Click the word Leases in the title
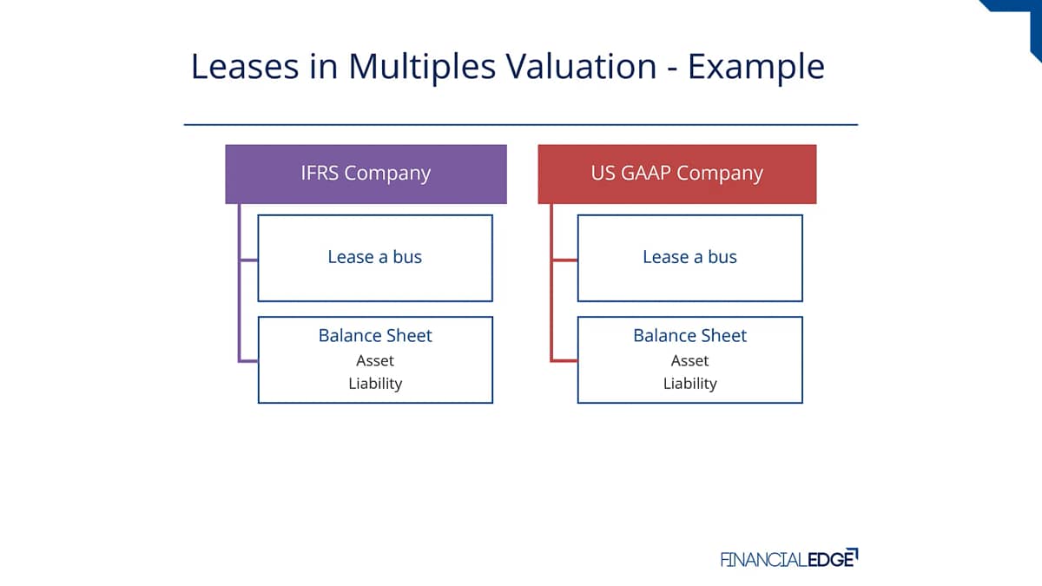click(x=245, y=66)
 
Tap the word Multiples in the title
click(x=422, y=68)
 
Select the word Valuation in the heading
click(x=581, y=66)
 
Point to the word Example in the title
click(x=756, y=68)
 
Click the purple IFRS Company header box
click(x=366, y=174)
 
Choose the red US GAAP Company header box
click(x=676, y=174)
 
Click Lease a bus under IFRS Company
click(x=375, y=257)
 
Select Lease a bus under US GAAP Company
click(x=689, y=257)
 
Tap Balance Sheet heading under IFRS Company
click(x=375, y=335)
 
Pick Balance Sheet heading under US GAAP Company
click(x=689, y=335)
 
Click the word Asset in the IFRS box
click(x=375, y=360)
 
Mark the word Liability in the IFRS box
click(x=375, y=384)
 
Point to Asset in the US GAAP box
click(x=689, y=360)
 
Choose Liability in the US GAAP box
click(x=689, y=384)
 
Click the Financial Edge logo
click(x=789, y=558)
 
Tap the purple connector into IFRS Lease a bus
click(x=249, y=260)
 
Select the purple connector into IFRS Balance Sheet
click(x=249, y=360)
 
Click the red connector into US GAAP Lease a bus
click(x=564, y=260)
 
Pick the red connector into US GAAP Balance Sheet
click(x=564, y=360)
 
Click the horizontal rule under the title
click(x=521, y=125)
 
